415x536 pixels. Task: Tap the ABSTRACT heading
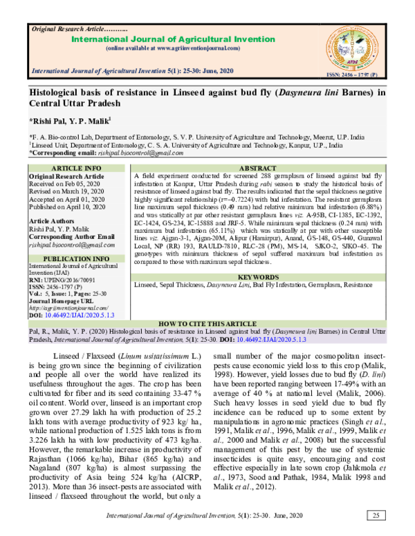coord(257,169)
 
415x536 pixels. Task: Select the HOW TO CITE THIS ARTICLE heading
coord(207,323)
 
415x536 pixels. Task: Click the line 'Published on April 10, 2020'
coord(68,206)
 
